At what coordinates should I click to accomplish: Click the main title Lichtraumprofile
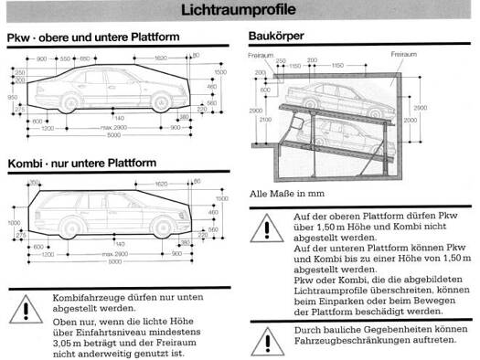click(239, 11)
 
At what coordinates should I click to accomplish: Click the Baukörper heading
click(275, 38)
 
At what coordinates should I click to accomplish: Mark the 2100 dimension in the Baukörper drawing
click(263, 119)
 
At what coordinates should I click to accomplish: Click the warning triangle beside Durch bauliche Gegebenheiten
click(263, 335)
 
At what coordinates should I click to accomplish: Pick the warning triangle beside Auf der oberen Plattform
click(263, 224)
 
